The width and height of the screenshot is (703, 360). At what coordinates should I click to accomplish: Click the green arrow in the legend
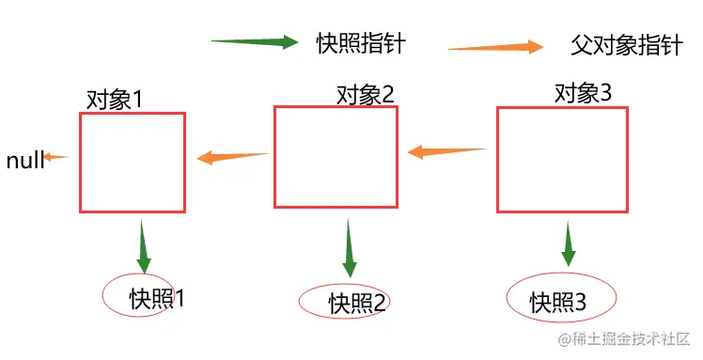(x=255, y=42)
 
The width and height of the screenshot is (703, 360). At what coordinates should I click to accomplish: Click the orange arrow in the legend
(x=496, y=47)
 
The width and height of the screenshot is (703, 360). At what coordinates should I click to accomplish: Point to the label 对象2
(x=366, y=94)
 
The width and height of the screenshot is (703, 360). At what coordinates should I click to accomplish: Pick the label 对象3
(x=584, y=93)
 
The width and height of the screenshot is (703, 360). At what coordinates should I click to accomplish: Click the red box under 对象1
(x=133, y=162)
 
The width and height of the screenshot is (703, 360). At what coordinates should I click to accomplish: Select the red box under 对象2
(x=336, y=156)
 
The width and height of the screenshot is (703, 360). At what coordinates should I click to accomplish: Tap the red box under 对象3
(x=562, y=160)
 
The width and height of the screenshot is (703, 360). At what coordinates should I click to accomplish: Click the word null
(x=25, y=161)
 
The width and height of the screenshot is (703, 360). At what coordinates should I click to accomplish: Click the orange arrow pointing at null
(x=57, y=157)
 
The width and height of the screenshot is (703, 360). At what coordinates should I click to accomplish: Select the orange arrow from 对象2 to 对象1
(x=233, y=157)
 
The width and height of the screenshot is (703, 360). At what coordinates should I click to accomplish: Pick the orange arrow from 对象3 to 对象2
(x=447, y=150)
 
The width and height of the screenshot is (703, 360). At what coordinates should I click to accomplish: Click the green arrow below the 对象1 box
(x=144, y=247)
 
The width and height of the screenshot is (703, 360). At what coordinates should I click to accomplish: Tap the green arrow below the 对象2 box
(x=350, y=248)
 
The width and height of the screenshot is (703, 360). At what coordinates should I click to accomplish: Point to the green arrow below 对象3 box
(x=568, y=244)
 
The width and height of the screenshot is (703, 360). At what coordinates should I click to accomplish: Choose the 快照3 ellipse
(x=561, y=300)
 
